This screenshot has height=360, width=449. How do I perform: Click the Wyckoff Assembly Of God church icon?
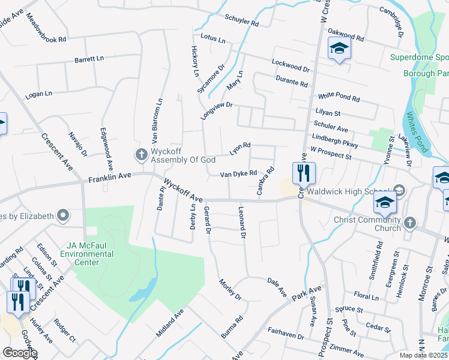coord(141,155)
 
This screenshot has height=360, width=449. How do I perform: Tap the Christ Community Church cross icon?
coord(409,223)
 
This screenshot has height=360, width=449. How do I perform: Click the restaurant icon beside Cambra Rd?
coord(304,173)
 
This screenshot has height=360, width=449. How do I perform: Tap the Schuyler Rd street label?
coord(241,21)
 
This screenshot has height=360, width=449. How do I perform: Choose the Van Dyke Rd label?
coord(238,174)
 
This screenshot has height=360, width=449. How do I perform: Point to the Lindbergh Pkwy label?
coord(335,141)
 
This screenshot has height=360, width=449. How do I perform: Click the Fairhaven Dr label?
coord(286,334)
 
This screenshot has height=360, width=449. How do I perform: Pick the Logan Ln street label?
coord(38,94)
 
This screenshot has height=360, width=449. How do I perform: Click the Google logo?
coord(19,353)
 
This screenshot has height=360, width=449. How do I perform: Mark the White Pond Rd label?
coord(339,97)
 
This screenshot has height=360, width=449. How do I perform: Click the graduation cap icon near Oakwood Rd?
coord(339,49)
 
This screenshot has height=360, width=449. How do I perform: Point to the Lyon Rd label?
coord(240,149)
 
